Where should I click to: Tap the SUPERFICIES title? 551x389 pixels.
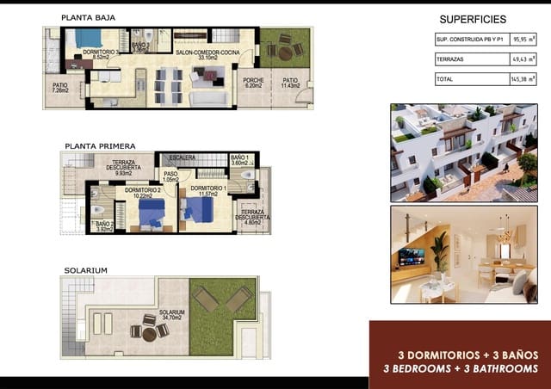coord(473,19)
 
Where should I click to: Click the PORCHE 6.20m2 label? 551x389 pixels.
coord(253,83)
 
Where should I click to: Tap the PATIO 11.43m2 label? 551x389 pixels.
coord(290,83)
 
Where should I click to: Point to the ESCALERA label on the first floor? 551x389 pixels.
coord(183,157)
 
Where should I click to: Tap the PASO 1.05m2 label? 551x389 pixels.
coord(170,176)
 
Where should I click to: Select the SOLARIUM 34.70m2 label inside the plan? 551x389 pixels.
coord(171,315)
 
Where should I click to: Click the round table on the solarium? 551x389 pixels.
coord(148,328)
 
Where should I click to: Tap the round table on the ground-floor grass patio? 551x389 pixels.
coord(285,52)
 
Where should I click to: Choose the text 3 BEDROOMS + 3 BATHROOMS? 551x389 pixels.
coord(461,368)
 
